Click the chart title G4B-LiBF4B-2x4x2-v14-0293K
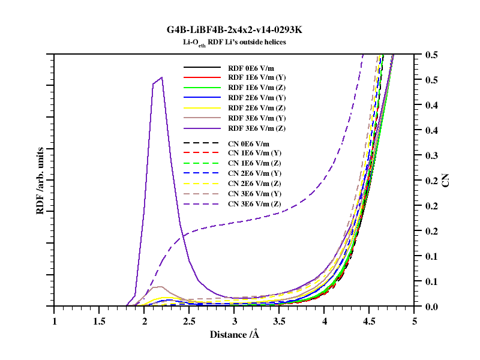235,30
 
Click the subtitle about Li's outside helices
235,42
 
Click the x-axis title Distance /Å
235,334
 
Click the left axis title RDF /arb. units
40,180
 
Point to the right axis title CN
446,180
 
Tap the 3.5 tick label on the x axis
279,321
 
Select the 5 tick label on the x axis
415,321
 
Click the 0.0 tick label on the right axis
431,307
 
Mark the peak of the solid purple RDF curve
162,77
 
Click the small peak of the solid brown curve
161,287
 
